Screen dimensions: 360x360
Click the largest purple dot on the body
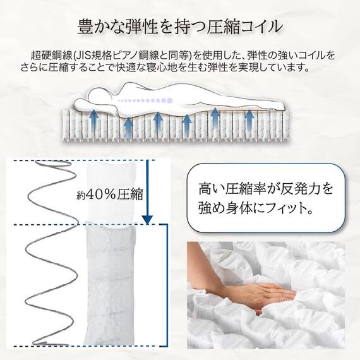169,100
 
